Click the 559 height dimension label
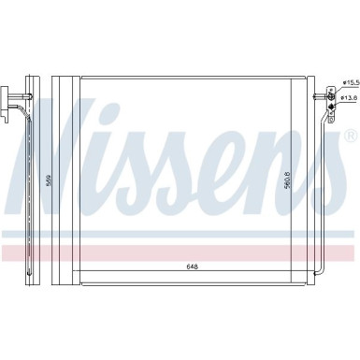(49, 177)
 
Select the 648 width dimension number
(191, 266)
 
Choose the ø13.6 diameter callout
(349, 97)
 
